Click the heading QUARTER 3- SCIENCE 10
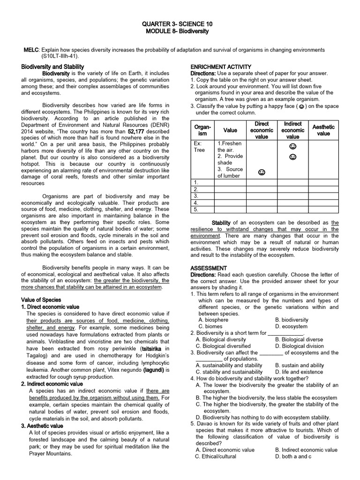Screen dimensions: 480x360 point(180,23)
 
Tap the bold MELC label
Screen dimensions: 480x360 point(32,50)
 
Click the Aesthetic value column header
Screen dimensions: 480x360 point(323,130)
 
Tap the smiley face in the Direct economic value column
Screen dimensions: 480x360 point(261,173)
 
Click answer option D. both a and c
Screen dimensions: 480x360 point(294,456)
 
